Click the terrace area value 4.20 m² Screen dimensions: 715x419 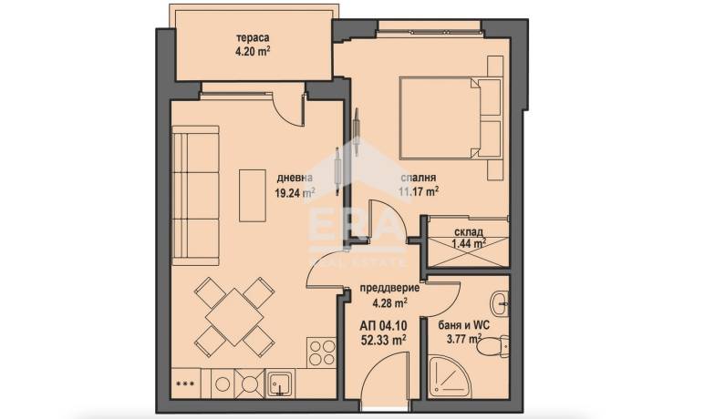click(252, 51)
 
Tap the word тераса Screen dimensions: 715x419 click(252, 38)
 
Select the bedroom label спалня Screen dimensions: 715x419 click(418, 178)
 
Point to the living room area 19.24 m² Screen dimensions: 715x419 click(295, 193)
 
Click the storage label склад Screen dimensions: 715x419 click(469, 231)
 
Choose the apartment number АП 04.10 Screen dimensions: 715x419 click(383, 326)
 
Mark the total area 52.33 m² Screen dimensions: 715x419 click(383, 340)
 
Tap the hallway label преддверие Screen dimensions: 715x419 click(390, 288)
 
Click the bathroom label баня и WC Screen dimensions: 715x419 click(463, 325)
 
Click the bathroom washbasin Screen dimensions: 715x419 click(500, 302)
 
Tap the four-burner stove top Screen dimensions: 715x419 click(321, 352)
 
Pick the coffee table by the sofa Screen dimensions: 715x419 click(253, 195)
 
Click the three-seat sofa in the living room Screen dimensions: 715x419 click(196, 195)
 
